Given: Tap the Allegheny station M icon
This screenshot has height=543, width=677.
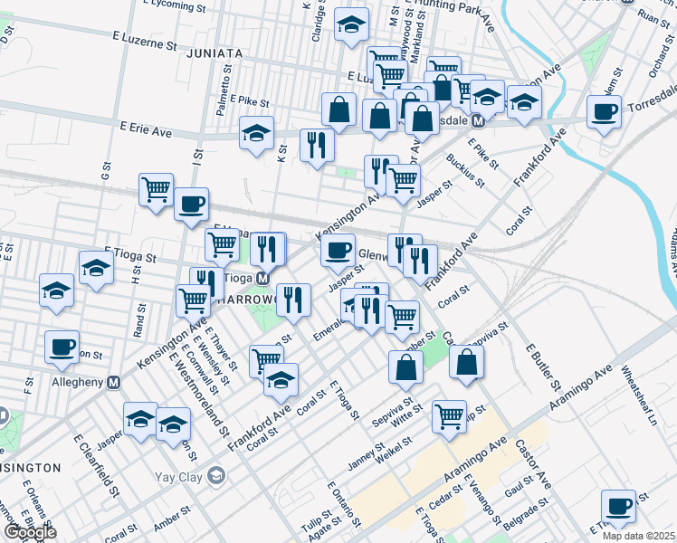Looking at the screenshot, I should pos(114,383).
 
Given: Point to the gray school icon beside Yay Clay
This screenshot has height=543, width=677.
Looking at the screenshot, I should pos(215,475).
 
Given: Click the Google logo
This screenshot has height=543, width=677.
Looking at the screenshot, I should pos(30,531).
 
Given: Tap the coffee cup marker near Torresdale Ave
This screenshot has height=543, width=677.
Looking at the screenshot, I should pos(604,112).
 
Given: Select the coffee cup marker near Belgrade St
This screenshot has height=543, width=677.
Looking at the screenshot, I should pos(619,506).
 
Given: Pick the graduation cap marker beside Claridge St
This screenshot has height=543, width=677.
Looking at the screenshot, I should pos(349,25).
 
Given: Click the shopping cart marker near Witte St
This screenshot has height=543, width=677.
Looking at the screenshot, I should pos(449,415).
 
